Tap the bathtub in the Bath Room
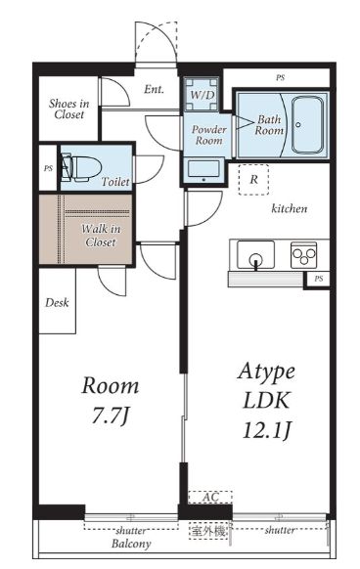[307, 125]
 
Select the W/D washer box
[202, 95]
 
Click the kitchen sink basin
[255, 255]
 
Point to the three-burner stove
[303, 255]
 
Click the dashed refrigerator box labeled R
[253, 179]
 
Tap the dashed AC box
[210, 498]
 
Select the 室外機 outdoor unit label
[208, 531]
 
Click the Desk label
[57, 302]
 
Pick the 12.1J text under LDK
[267, 430]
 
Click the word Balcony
[131, 544]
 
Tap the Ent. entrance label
[154, 89]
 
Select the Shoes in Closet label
[69, 109]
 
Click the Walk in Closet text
[101, 236]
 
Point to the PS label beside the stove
[319, 279]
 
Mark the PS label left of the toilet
[48, 168]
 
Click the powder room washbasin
[203, 170]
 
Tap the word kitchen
[290, 208]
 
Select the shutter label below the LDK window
[280, 530]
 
